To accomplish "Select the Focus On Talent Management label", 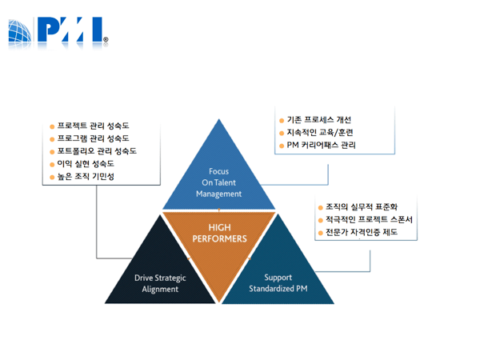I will point(218,182).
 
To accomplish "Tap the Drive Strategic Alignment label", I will point(160,283).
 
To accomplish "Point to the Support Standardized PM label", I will point(278,283).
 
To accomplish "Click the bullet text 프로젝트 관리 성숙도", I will point(93,126).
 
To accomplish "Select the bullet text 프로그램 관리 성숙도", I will point(93,138).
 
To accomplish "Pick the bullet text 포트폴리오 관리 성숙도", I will point(97,151).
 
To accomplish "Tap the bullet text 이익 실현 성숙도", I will point(86,164).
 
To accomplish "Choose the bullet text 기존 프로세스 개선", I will point(318,119).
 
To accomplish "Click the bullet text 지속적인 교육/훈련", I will point(319,132).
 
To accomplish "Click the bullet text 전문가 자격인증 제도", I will point(361,233).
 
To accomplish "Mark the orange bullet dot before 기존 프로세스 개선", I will point(281,120).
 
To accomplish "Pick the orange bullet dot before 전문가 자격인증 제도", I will point(320,234).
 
